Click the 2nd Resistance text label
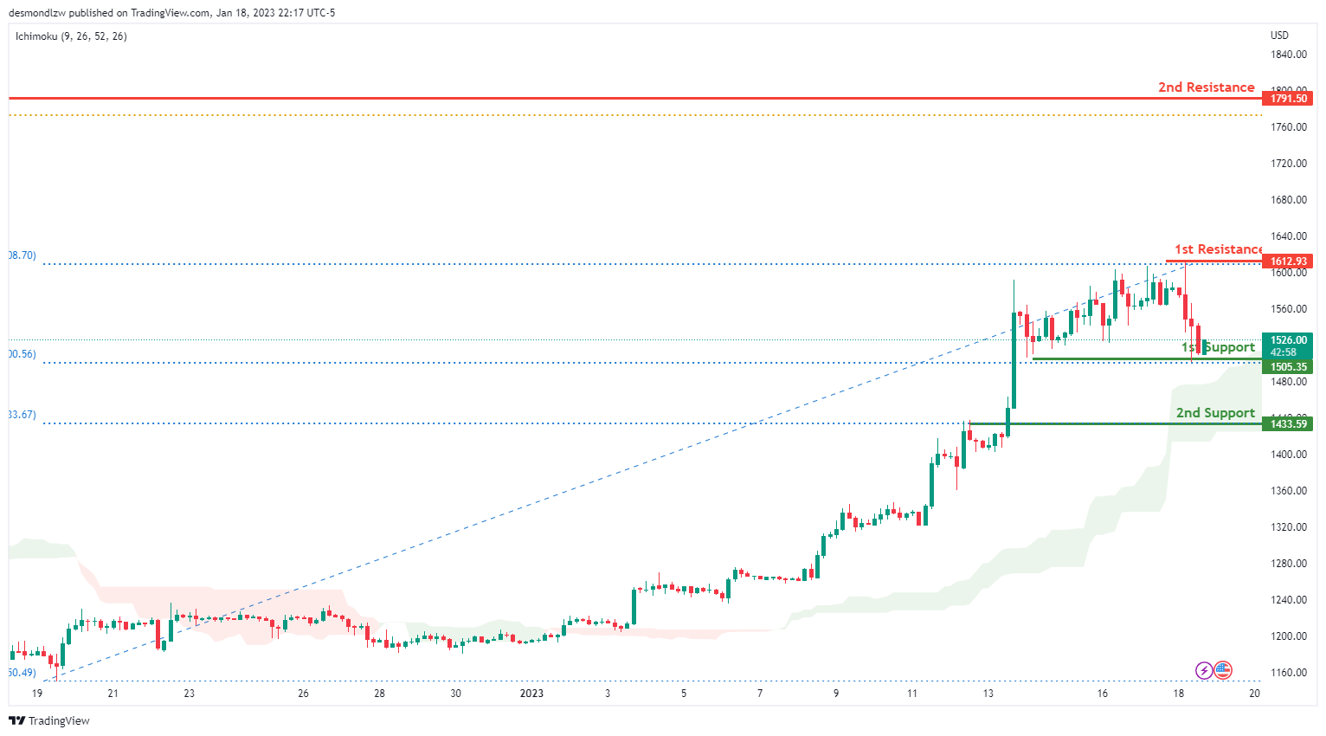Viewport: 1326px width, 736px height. [x=1206, y=87]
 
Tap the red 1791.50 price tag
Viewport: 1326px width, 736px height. [x=1288, y=99]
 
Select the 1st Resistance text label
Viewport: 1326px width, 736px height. [x=1218, y=249]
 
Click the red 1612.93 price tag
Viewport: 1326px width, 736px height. [x=1288, y=261]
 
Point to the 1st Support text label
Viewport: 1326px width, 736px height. [x=1218, y=347]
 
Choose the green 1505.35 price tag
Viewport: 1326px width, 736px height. [x=1288, y=367]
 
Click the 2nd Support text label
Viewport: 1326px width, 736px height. [x=1214, y=413]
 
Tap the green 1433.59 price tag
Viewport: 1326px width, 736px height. [x=1288, y=424]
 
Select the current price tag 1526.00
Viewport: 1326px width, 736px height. [x=1288, y=341]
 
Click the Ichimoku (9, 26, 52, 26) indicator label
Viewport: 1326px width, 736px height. [x=71, y=36]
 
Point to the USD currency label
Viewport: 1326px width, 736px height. [x=1279, y=36]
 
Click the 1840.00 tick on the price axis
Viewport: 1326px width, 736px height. [x=1288, y=55]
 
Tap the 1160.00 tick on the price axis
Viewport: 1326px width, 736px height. [x=1288, y=673]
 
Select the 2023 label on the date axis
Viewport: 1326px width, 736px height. [x=531, y=694]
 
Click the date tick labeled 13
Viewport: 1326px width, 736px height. [x=988, y=694]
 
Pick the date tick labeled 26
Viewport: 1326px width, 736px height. [x=303, y=694]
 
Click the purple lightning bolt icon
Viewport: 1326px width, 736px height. [x=1203, y=670]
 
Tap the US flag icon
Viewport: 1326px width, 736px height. [x=1223, y=670]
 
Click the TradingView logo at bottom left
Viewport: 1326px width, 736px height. [x=49, y=721]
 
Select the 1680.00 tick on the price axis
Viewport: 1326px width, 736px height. [x=1288, y=200]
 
